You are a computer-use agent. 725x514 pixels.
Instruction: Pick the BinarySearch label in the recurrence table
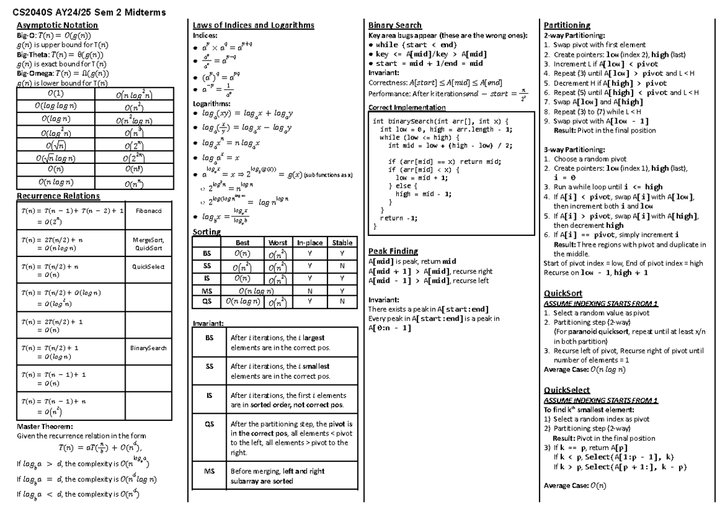[148, 348]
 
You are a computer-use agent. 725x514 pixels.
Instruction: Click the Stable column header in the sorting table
[342, 242]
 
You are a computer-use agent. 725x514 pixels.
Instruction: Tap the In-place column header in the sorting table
[309, 242]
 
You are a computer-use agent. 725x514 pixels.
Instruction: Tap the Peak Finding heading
[393, 251]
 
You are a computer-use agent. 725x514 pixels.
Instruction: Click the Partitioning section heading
[567, 25]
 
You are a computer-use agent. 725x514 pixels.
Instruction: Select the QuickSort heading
[562, 294]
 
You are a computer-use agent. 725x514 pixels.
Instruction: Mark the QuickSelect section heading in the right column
[566, 390]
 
